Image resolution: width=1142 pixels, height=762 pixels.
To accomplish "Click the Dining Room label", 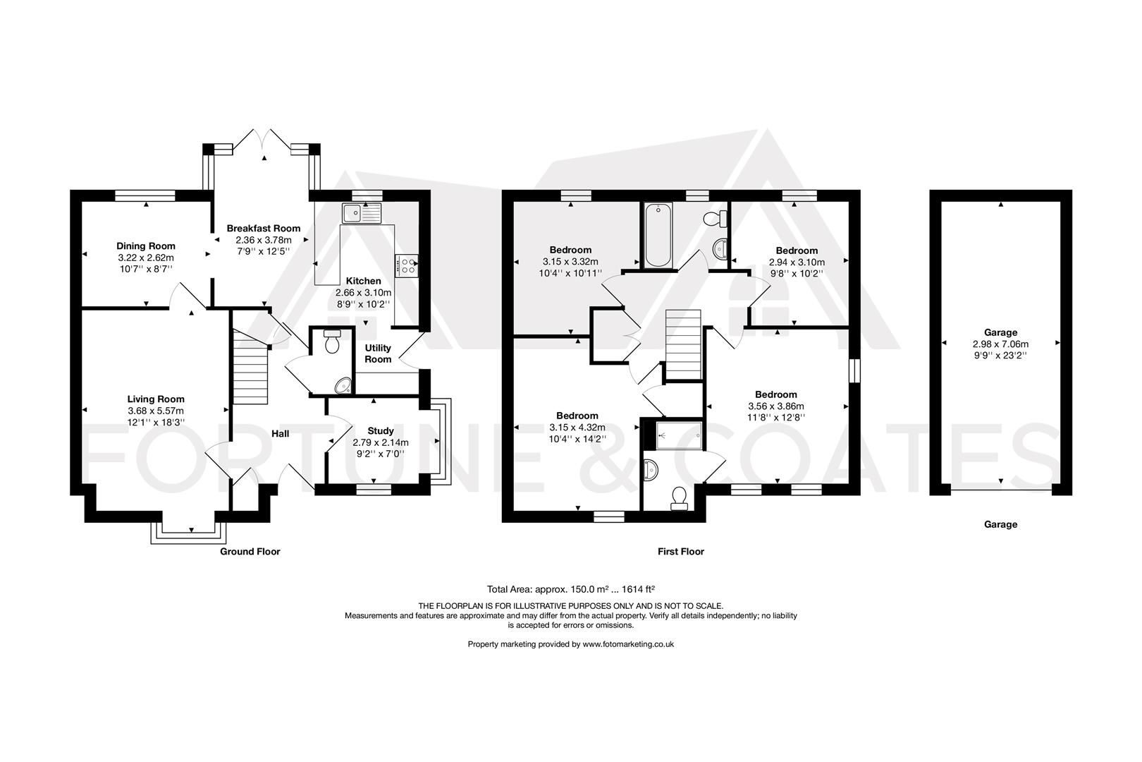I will pyautogui.click(x=146, y=246).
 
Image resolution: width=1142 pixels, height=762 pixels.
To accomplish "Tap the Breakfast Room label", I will pyautogui.click(x=263, y=228).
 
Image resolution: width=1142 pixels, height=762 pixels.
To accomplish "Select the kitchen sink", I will pyautogui.click(x=360, y=212).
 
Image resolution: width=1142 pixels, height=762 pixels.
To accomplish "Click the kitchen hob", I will pyautogui.click(x=407, y=265).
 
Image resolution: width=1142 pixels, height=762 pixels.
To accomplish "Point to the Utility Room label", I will pyautogui.click(x=378, y=353).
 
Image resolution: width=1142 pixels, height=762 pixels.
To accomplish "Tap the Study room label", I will pyautogui.click(x=381, y=430).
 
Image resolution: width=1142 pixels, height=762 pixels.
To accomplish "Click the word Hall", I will pyautogui.click(x=281, y=434).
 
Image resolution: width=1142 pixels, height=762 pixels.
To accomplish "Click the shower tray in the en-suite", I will pyautogui.click(x=678, y=435).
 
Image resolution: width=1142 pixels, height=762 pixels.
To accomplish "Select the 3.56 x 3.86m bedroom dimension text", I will pyautogui.click(x=775, y=406).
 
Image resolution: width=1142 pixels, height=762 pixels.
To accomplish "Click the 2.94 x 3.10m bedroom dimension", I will pyautogui.click(x=797, y=262).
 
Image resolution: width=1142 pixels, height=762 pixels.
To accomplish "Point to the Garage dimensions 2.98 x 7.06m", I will pyautogui.click(x=1000, y=344).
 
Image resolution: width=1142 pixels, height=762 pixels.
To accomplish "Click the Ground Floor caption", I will pyautogui.click(x=250, y=552).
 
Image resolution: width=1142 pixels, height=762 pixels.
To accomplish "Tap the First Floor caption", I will pyautogui.click(x=681, y=552).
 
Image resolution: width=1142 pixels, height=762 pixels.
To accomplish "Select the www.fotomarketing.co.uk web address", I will pyautogui.click(x=628, y=644).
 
